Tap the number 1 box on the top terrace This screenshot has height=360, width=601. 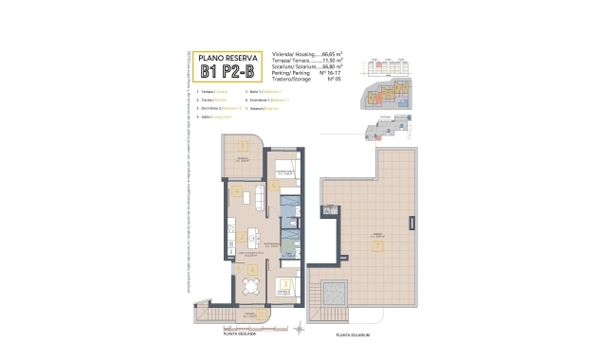244,146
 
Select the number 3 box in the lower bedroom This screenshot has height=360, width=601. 285,283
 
